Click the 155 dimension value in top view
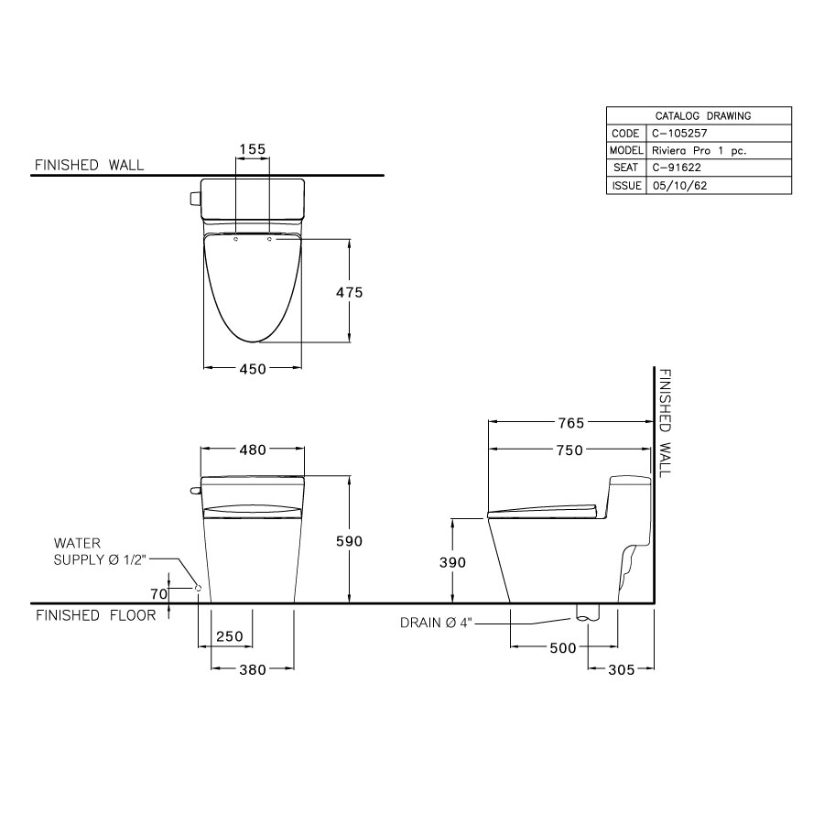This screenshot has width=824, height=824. pyautogui.click(x=253, y=149)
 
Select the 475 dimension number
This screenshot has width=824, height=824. pyautogui.click(x=350, y=292)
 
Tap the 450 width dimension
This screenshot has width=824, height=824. pyautogui.click(x=253, y=369)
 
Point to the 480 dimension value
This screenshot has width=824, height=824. pyautogui.click(x=253, y=450)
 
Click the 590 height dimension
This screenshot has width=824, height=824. pyautogui.click(x=350, y=541)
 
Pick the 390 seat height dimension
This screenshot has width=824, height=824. pyautogui.click(x=452, y=562)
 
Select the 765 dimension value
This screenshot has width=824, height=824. pyautogui.click(x=570, y=422)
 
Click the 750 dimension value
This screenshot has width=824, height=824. pyautogui.click(x=570, y=450)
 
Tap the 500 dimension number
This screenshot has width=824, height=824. pyautogui.click(x=563, y=648)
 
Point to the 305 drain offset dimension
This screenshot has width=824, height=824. pyautogui.click(x=621, y=669)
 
